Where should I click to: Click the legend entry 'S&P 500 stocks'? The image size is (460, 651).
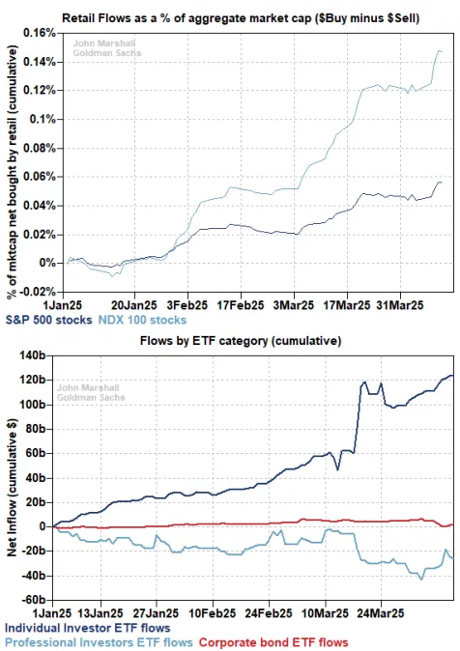[x=48, y=317]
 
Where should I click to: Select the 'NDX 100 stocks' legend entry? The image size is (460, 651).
[x=142, y=317]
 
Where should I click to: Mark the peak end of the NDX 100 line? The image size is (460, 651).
[x=440, y=50]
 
